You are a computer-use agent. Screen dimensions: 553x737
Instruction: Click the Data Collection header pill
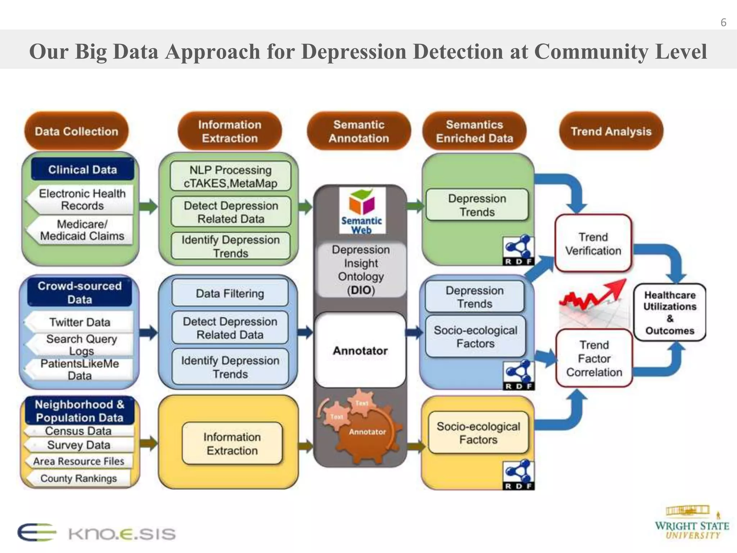pos(76,131)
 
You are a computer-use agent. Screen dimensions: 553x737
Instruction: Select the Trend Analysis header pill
pos(611,131)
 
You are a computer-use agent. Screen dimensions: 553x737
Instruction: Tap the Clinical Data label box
pos(82,169)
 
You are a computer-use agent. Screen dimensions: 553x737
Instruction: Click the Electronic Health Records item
pos(82,199)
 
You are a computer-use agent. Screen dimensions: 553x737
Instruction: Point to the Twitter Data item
pos(80,322)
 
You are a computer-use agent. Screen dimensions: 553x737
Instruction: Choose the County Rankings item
pos(78,478)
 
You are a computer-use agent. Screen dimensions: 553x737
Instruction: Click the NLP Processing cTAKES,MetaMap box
pos(230,176)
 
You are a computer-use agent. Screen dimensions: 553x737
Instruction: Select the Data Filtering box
pos(230,293)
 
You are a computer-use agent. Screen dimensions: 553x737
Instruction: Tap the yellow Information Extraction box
pos(232,444)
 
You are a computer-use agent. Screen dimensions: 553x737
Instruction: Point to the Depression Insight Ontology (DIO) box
pos(361,269)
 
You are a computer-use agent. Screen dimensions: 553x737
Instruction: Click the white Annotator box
pos(360,350)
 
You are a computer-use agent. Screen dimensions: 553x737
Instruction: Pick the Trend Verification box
pos(593,244)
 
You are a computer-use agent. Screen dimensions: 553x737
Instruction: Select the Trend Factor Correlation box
pos(594,359)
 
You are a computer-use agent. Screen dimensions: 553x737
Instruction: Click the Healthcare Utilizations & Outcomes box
pos(670,313)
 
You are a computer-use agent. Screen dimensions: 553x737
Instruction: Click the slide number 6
pos(723,23)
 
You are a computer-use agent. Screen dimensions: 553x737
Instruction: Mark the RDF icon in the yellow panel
pos(519,475)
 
